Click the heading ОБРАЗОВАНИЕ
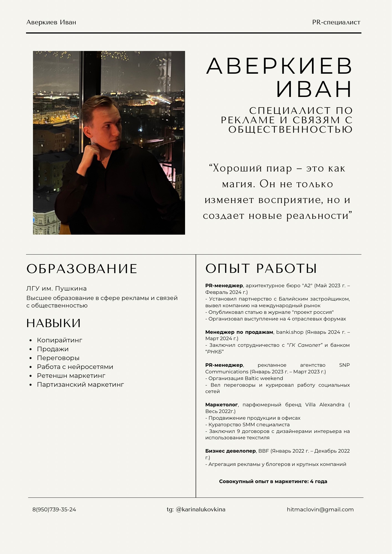pos(82,269)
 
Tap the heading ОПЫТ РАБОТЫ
pos(261,268)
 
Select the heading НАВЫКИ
pos(53,323)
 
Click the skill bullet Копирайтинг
pos(60,340)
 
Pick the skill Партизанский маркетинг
pos(80,384)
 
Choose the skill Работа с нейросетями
pos(75,367)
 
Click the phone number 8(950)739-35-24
pos(54,509)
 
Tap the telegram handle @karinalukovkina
pos(201,509)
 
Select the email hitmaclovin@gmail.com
pos(320,509)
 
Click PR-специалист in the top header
pos(336,22)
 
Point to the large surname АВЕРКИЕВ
pos(279,66)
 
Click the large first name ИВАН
pos(314,89)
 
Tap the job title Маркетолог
pos(221,405)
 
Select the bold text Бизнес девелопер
pos(230,451)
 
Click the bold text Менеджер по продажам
pos(239,332)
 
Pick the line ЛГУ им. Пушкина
pos(57,289)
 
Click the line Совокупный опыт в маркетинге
pos(273,481)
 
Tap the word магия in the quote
pos(238,184)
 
